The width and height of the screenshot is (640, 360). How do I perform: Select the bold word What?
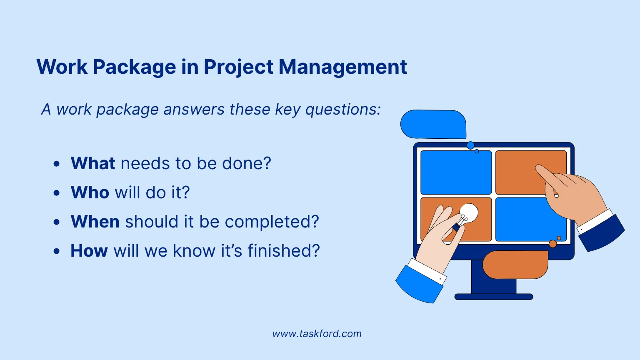coord(93,163)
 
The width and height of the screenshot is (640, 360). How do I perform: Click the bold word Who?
coord(90,192)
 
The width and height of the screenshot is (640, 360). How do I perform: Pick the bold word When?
coord(95,221)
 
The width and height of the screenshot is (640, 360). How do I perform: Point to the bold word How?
coord(89,250)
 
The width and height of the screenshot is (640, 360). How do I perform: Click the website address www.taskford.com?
coord(317,334)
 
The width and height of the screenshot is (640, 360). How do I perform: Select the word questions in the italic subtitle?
coord(343,110)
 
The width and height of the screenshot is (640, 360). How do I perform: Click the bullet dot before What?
coord(57,164)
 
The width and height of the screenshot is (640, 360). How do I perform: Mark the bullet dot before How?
coord(57,251)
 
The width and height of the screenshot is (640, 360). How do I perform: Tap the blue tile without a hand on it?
coord(456,172)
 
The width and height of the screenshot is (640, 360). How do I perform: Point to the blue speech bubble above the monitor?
coord(433,124)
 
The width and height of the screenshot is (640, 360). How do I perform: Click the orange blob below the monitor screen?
coord(515,265)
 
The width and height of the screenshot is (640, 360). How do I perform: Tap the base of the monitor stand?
coord(494,297)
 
